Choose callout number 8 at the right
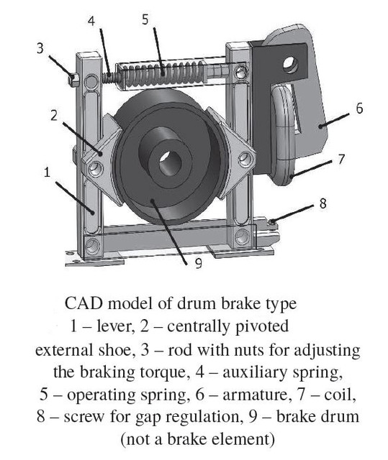click(322, 203)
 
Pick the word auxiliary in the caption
click(266, 373)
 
